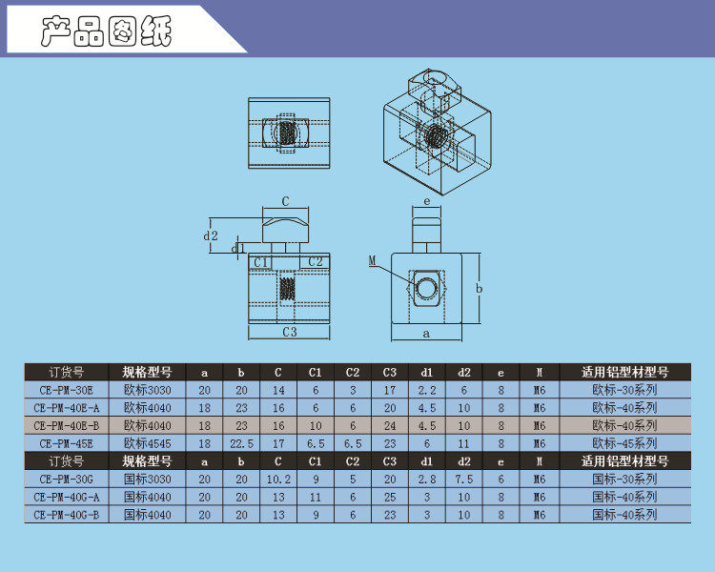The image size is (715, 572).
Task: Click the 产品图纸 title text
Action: click(106, 31)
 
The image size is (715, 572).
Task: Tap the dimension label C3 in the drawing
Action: click(290, 332)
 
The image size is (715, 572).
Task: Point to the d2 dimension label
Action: click(211, 235)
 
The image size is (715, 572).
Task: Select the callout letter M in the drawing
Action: click(373, 260)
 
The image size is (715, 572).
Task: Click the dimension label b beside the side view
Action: click(479, 288)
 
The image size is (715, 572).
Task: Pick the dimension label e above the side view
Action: click(427, 201)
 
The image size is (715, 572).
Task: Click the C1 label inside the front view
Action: click(260, 262)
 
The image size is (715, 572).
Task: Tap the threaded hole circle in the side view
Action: click(426, 288)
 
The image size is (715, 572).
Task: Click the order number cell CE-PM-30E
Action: click(66, 391)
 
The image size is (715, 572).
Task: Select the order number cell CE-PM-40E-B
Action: click(66, 426)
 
